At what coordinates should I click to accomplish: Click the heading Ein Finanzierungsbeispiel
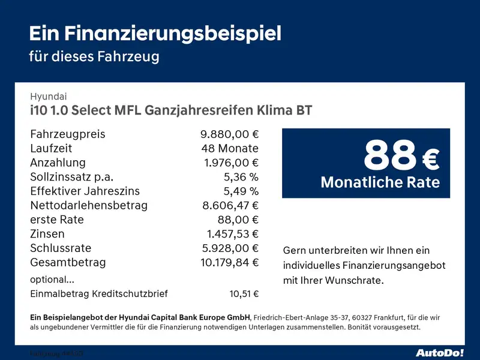pyautogui.click(x=155, y=33)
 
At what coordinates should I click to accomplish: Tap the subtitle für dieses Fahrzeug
pyautogui.click(x=94, y=57)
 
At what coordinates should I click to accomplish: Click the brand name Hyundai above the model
pyautogui.click(x=49, y=96)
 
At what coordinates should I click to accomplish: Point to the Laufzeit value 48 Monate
pyautogui.click(x=230, y=148)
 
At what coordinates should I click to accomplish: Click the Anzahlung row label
pyautogui.click(x=58, y=163)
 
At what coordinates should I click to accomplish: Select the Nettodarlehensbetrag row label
pyautogui.click(x=89, y=206)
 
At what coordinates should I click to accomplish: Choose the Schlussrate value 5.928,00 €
pyautogui.click(x=230, y=248)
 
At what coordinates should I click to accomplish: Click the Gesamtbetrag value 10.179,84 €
pyautogui.click(x=229, y=262)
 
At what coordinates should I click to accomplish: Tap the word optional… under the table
pyautogui.click(x=52, y=279)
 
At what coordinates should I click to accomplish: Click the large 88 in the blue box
pyautogui.click(x=390, y=155)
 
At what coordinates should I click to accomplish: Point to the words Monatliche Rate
pyautogui.click(x=380, y=182)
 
